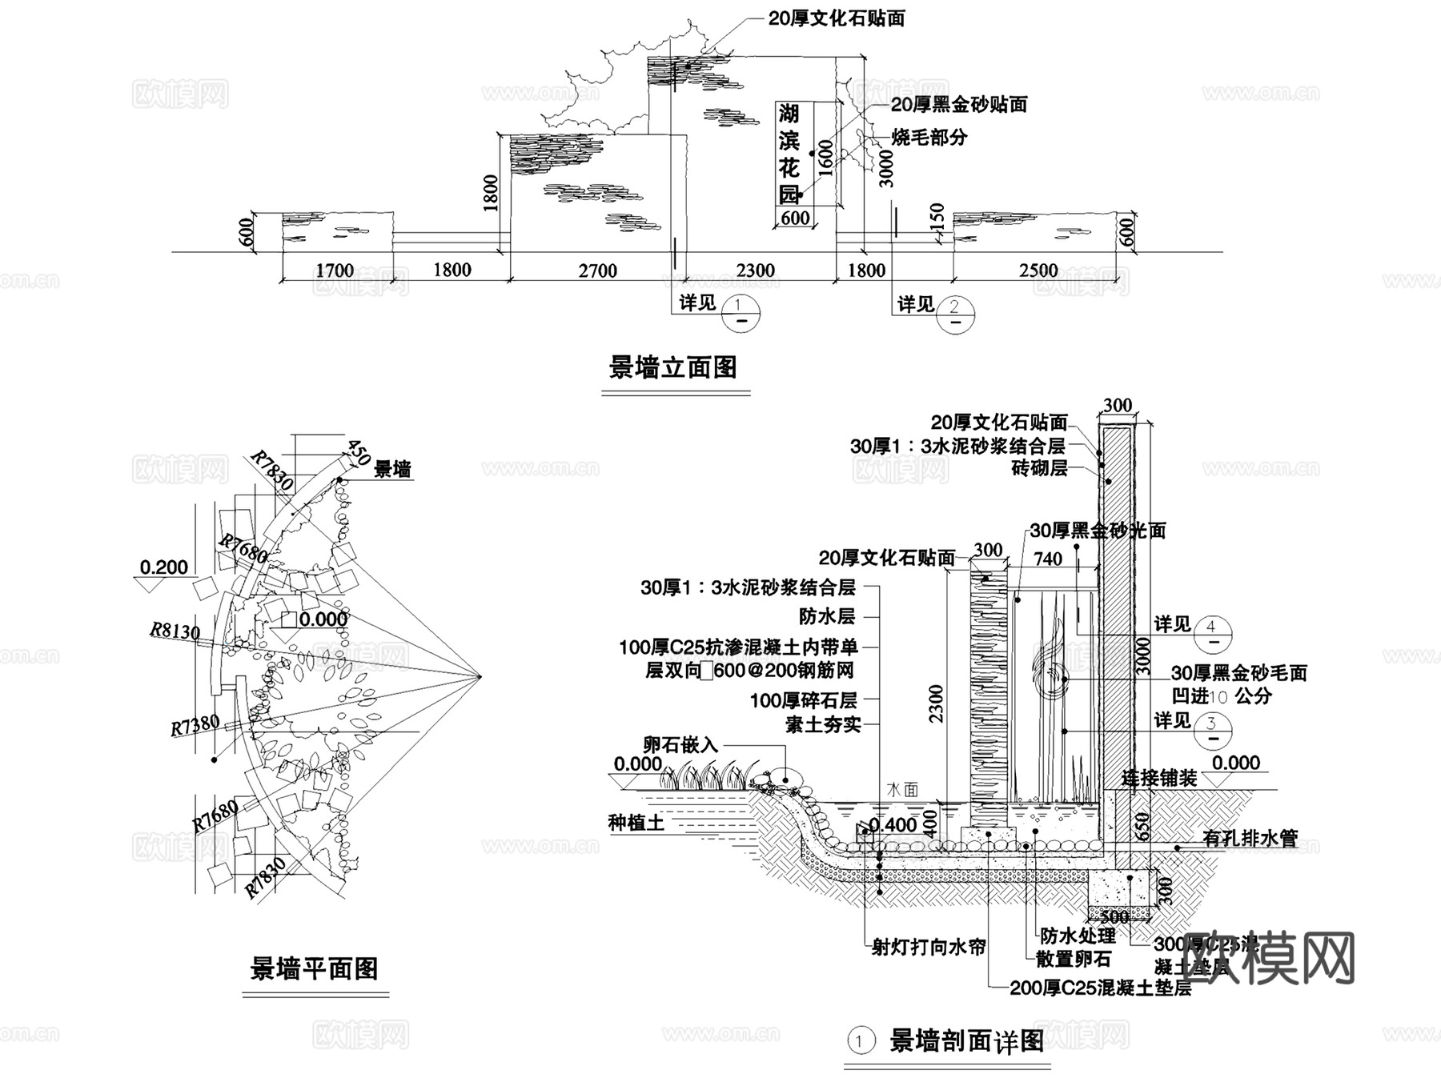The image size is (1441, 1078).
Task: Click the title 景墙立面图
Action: click(x=672, y=367)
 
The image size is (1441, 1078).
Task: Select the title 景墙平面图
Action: click(x=314, y=969)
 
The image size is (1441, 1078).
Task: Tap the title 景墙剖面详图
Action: click(x=966, y=1041)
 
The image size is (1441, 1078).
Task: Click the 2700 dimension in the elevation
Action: click(x=597, y=271)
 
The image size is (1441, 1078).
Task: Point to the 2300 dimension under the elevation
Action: click(x=755, y=271)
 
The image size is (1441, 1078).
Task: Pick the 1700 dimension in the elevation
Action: click(x=335, y=271)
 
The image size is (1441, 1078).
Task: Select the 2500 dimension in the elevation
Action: click(x=1038, y=271)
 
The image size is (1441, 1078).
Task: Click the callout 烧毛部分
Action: click(x=929, y=137)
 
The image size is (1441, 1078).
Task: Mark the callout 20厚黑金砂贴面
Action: click(x=958, y=104)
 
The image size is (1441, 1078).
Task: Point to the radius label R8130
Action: click(x=175, y=631)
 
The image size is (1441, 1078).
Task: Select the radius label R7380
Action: click(x=195, y=725)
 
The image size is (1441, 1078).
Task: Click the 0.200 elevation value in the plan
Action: click(x=163, y=567)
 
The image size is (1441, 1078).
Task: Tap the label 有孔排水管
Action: click(x=1250, y=838)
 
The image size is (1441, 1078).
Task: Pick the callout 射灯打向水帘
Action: click(x=929, y=947)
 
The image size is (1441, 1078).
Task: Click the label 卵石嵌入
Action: click(x=680, y=745)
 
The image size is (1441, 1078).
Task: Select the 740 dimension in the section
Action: click(x=1048, y=559)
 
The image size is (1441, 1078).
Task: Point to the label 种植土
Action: click(x=636, y=822)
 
